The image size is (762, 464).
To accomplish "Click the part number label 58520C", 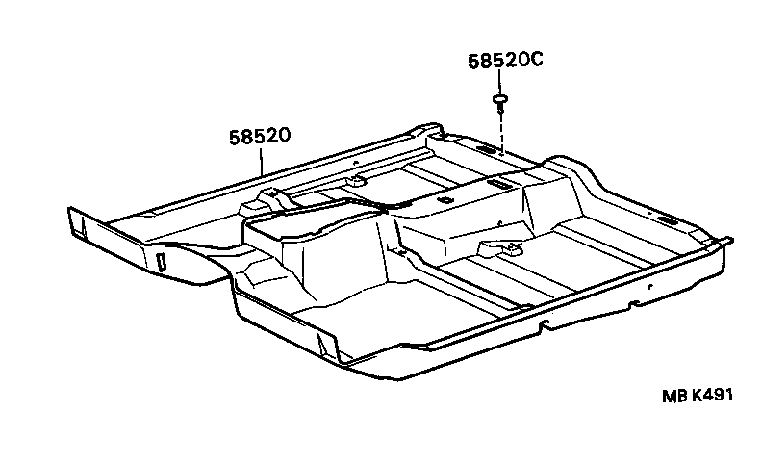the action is click(505, 61).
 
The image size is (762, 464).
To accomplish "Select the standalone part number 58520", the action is click(260, 136).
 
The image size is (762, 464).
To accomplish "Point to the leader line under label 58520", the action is click(262, 162).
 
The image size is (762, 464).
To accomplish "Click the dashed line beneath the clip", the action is click(501, 134).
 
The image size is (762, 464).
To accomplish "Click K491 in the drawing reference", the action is click(712, 395).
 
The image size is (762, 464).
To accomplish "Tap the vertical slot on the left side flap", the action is click(162, 260).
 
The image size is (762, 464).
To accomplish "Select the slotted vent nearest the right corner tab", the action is click(665, 220).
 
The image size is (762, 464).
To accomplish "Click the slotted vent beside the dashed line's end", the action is click(485, 148).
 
